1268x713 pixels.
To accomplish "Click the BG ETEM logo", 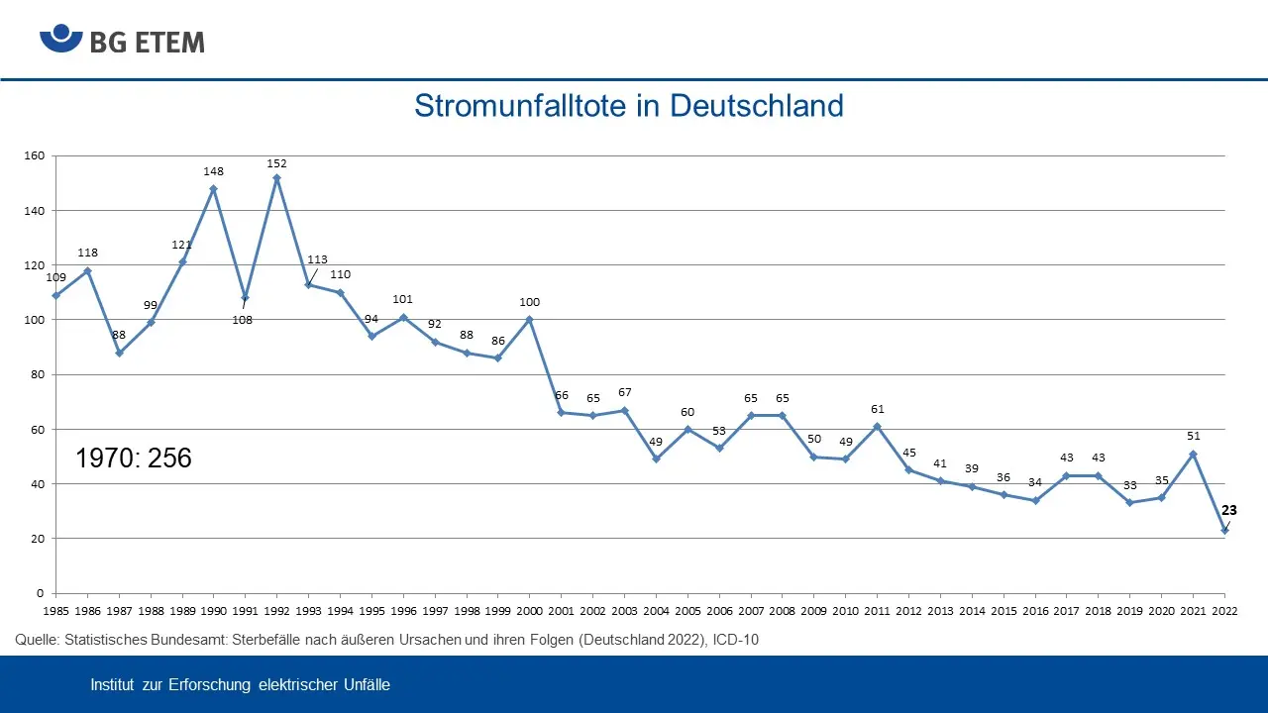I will pos(122,42).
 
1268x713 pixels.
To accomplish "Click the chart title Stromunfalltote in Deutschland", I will pos(628,105).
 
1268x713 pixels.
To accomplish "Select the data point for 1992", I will pos(276,178).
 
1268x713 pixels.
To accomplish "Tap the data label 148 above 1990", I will pos(213,171).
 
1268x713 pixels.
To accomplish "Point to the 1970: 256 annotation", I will pos(134,458).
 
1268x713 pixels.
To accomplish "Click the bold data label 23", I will pos(1228,511).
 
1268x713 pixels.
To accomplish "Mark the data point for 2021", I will pos(1193,454).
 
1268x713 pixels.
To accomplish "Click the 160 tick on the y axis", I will pos(35,156).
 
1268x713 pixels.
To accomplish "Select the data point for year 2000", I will pos(530,320).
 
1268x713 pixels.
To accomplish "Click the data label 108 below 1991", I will pos(242,320).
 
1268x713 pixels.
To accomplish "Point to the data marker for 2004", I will pos(656,459).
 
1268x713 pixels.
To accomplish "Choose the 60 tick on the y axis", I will pos(39,430).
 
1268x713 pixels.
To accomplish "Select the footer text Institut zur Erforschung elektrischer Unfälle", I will pos(240,685).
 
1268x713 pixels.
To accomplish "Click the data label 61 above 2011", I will pos(877,409).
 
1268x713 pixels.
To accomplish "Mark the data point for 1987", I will pos(119,353).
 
